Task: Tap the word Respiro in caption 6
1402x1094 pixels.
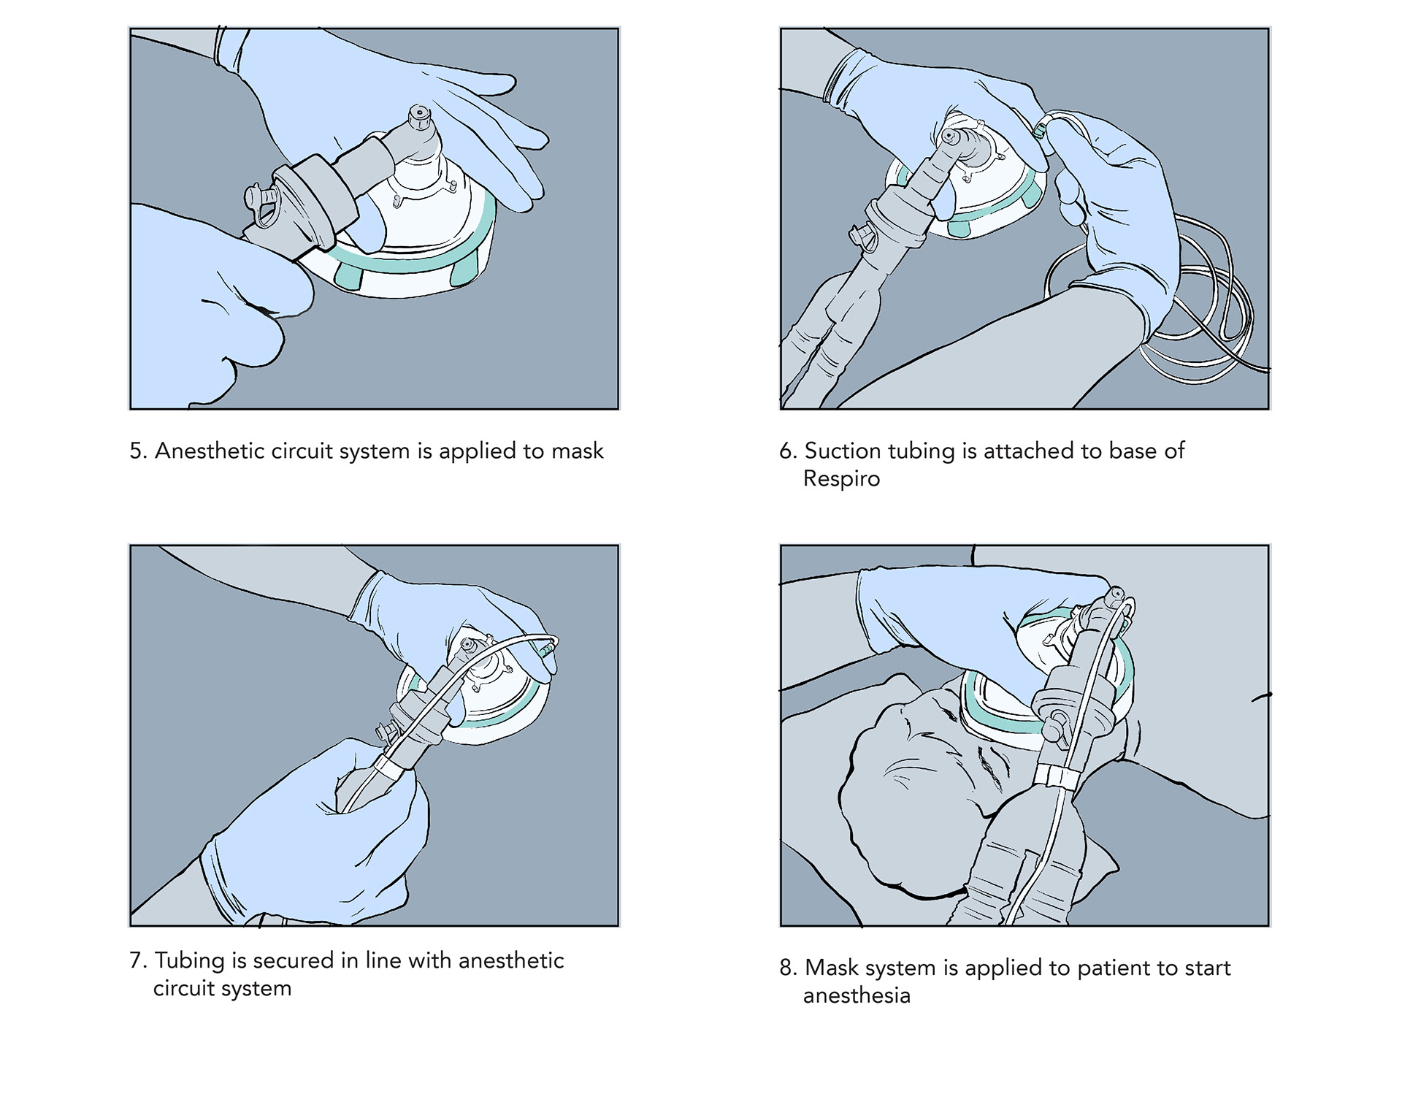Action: tap(841, 479)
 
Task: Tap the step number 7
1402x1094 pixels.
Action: tap(138, 960)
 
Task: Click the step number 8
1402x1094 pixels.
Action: tap(788, 968)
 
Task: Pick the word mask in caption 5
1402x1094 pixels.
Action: tap(577, 451)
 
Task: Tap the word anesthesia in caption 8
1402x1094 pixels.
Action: tap(857, 996)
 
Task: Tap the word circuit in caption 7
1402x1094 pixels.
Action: tap(180, 989)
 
